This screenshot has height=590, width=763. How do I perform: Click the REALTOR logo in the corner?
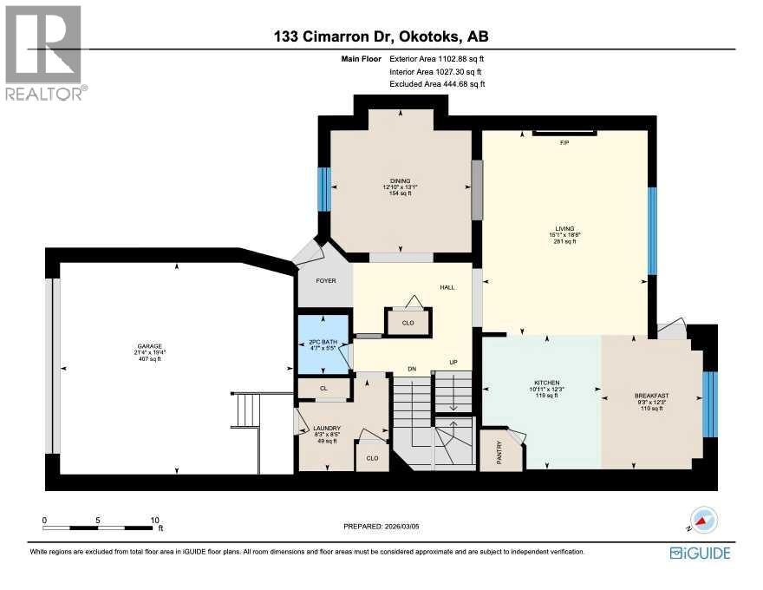coord(45,52)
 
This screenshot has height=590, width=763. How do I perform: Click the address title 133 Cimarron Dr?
coord(381,36)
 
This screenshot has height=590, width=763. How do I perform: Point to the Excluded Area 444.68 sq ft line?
coord(437,84)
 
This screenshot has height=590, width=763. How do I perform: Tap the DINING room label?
coord(399,180)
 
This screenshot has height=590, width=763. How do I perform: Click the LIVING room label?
coord(565,229)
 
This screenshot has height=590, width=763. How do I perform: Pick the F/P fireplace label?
coord(564,141)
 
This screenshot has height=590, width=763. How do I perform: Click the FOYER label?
coord(325,282)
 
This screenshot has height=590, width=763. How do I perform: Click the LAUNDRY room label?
coord(327,429)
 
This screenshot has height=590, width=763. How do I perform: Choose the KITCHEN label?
coord(546,383)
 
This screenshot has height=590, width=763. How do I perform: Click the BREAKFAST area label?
coord(653,396)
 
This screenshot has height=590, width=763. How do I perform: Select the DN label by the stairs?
coord(413,370)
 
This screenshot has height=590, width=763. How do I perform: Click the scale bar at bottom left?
coord(99,526)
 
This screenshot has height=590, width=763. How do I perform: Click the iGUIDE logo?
coord(700,553)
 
